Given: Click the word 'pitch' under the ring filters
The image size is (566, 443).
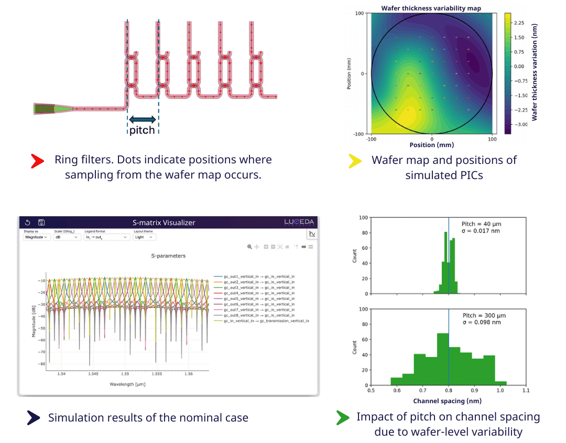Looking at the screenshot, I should pos(142,130).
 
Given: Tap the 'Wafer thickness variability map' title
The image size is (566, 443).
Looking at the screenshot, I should pos(431,8).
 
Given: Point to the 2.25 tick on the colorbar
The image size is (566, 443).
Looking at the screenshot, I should pos(519,23).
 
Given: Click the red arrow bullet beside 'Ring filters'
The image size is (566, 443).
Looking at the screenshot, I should pos(37,160).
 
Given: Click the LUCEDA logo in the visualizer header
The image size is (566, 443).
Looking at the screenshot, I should pos(299,222).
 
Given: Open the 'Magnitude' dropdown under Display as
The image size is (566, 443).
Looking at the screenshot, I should pos(37,237).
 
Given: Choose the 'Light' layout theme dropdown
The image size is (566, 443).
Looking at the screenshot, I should pos(145,237).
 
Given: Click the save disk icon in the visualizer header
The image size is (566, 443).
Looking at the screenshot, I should pos(41,223).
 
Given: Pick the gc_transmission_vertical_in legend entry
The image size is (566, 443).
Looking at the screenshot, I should pos(266,320).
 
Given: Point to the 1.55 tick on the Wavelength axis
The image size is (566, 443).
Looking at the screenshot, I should pos(125,374).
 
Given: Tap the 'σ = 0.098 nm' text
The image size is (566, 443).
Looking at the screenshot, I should pos(482,322).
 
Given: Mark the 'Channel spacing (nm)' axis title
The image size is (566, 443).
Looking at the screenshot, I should pos(448,401).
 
